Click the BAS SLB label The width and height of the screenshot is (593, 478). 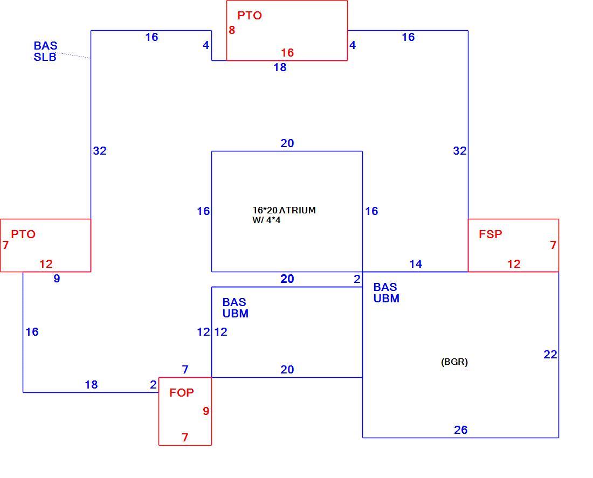[45, 51]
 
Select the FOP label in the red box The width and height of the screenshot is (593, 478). [182, 392]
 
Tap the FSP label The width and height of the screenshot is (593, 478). [491, 234]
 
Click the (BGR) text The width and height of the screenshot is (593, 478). [454, 362]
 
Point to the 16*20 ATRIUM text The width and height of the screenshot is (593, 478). [284, 210]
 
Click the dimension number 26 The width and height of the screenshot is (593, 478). [460, 429]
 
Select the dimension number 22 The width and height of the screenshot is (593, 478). [550, 355]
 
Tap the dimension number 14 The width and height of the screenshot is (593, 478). [416, 264]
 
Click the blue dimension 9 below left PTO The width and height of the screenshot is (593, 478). [57, 279]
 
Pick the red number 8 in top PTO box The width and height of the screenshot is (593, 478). [232, 30]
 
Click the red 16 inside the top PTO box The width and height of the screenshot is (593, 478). [287, 53]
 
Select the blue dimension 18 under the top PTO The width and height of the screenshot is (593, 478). [280, 67]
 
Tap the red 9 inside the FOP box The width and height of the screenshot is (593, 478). [206, 411]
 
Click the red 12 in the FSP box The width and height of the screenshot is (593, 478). [514, 264]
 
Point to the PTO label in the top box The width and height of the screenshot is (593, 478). [250, 16]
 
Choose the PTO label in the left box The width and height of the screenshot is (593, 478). [23, 234]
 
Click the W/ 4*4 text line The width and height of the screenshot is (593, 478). [266, 220]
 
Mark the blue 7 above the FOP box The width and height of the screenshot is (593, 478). [185, 370]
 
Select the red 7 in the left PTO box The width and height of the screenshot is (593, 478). [5, 245]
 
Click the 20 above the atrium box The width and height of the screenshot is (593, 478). [287, 143]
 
